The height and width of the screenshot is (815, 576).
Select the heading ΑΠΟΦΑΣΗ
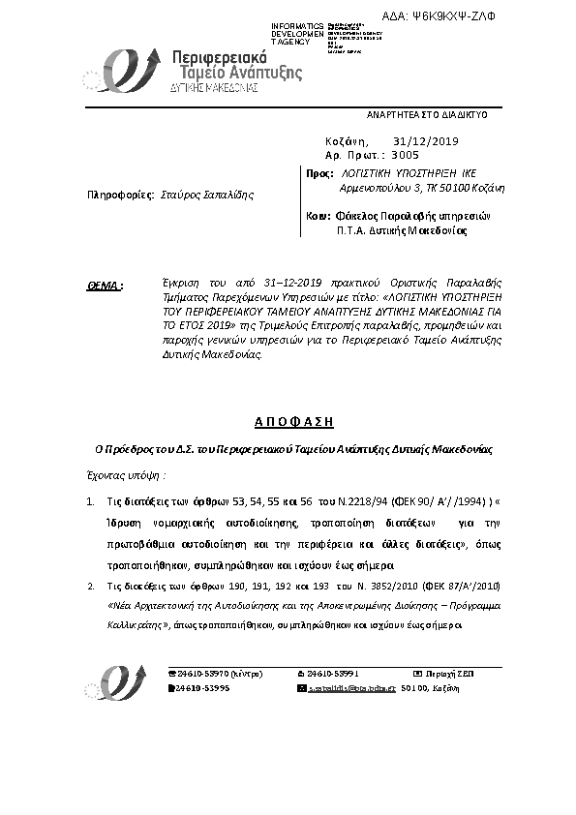(287, 423)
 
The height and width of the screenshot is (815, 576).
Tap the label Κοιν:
(318, 216)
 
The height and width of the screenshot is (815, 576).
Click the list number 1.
(90, 502)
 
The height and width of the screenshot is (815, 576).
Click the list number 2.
(90, 586)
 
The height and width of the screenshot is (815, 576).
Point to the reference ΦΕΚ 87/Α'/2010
(462, 586)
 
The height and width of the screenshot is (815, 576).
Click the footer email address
(349, 687)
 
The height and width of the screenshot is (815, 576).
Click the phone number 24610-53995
(202, 687)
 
